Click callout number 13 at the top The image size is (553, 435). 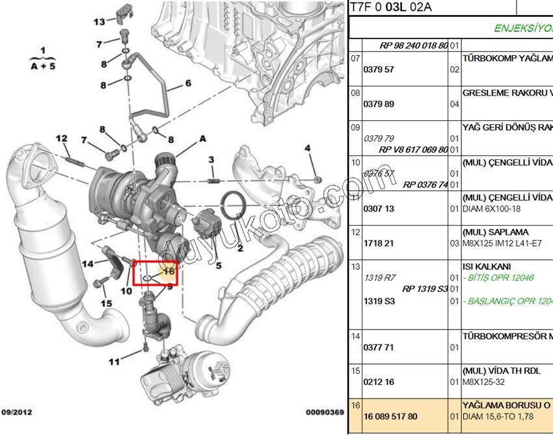pyautogui.click(x=99, y=21)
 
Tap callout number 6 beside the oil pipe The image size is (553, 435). pyautogui.click(x=188, y=83)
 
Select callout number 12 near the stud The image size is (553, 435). pyautogui.click(x=61, y=138)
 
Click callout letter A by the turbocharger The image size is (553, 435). pyautogui.click(x=202, y=138)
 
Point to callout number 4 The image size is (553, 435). pyautogui.click(x=308, y=150)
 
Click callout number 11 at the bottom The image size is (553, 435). pyautogui.click(x=114, y=362)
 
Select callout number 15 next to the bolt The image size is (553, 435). pyautogui.click(x=105, y=303)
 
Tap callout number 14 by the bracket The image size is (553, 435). pyautogui.click(x=87, y=263)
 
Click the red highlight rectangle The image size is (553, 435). pyautogui.click(x=155, y=273)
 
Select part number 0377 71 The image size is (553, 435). pyautogui.click(x=379, y=347)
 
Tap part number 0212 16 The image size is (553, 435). pyautogui.click(x=379, y=382)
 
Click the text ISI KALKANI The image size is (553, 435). pyautogui.click(x=487, y=267)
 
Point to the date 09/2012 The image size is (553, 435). pyautogui.click(x=17, y=412)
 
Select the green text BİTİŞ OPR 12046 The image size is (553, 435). pyautogui.click(x=498, y=278)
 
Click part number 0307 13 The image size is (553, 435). pyautogui.click(x=379, y=209)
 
